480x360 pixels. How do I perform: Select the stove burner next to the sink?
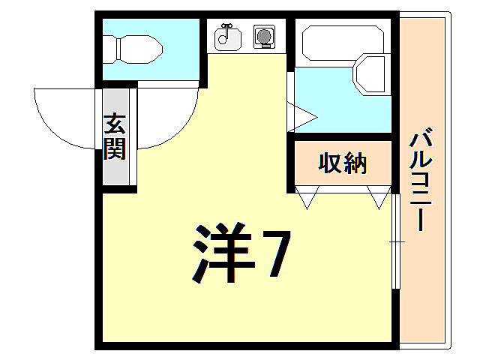click(263, 35)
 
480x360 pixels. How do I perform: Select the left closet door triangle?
click(307, 198)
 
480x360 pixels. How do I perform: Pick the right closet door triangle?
click(379, 198)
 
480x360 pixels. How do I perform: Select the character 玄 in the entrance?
click(115, 122)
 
